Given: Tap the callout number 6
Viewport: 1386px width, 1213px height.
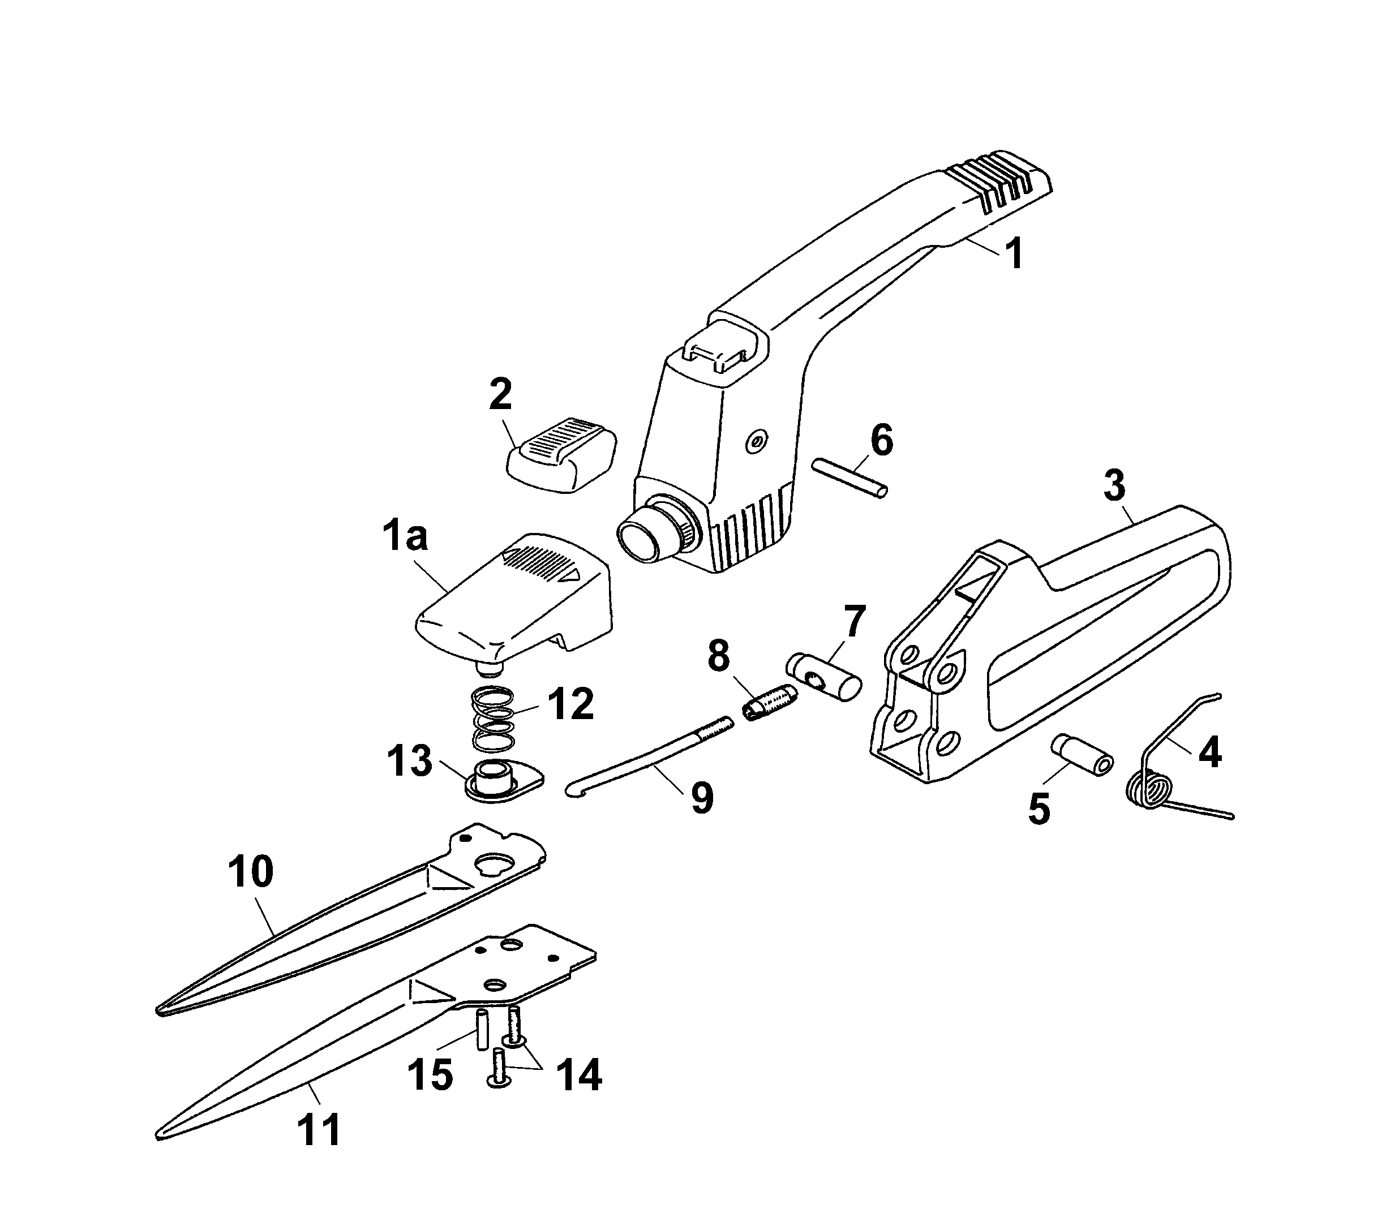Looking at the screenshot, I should pos(881,440).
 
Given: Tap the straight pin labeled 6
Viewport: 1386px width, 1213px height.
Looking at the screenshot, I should pos(848,479).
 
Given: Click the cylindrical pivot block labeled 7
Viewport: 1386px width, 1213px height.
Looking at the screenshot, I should pos(823,677).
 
